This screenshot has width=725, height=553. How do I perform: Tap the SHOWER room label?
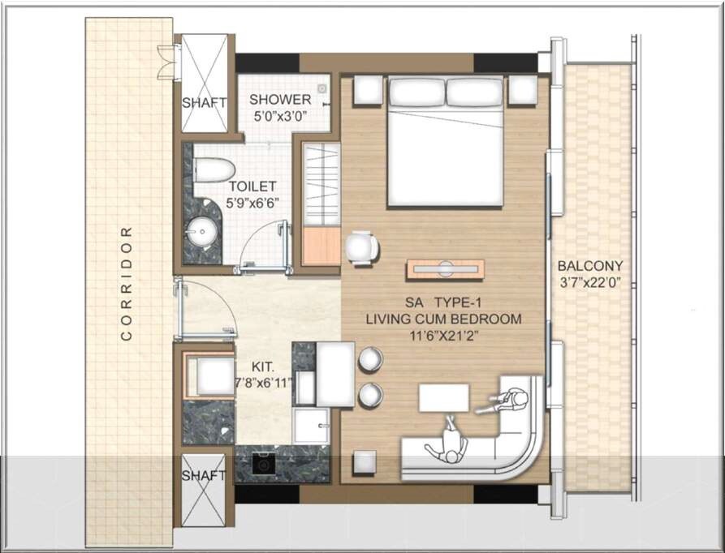(x=280, y=100)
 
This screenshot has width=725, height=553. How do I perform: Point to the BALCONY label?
(x=590, y=266)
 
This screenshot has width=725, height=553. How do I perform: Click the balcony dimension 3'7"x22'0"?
(x=590, y=283)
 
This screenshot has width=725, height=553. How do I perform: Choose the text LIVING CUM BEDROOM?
(x=442, y=319)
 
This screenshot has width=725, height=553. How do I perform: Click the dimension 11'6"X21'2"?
(x=443, y=335)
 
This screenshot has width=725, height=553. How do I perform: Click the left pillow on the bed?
(x=416, y=92)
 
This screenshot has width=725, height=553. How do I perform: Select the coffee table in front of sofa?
(x=444, y=398)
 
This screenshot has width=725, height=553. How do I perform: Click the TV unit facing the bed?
(x=446, y=269)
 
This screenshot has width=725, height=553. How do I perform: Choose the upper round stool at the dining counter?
(x=370, y=359)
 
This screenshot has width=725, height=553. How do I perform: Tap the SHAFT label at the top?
(x=203, y=103)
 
